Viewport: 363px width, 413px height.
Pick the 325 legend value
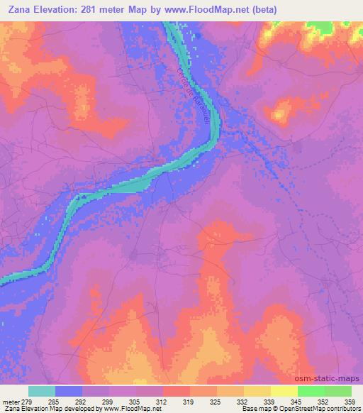(218, 401)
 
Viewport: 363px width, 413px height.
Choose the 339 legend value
(271, 401)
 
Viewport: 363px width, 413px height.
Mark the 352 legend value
(325, 401)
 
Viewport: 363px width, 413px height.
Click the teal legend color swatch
(42, 391)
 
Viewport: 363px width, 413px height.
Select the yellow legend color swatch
(284, 391)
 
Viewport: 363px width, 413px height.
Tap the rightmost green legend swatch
(337, 391)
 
